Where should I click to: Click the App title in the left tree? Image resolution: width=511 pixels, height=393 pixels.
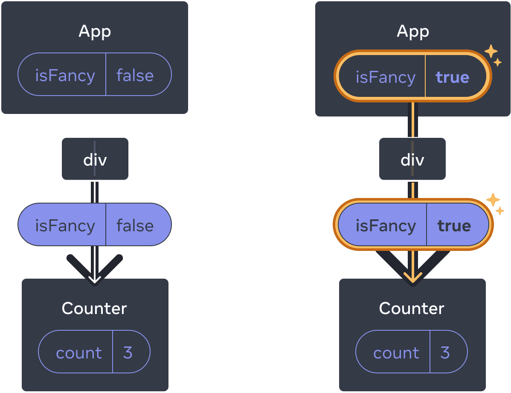[x=95, y=32]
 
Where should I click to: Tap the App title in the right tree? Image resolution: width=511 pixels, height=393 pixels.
[x=412, y=32]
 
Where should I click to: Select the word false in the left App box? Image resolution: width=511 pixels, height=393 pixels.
[x=135, y=76]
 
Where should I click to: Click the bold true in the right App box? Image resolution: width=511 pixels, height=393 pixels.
[x=452, y=77]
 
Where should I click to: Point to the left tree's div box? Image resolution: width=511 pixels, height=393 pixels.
[x=95, y=159]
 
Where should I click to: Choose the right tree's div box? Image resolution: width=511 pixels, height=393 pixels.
[x=412, y=159]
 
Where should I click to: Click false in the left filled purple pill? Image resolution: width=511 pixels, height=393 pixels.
[x=135, y=225]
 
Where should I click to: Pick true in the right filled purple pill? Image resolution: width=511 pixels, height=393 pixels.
[x=454, y=225]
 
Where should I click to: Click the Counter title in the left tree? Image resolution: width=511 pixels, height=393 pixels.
[x=94, y=308]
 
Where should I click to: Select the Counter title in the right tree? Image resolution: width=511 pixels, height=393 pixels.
[x=412, y=308]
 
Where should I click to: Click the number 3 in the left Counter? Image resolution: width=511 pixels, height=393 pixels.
[x=128, y=352]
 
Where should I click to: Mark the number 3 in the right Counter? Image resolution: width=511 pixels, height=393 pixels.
[x=445, y=352]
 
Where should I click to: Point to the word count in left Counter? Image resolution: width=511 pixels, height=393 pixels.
[x=79, y=353]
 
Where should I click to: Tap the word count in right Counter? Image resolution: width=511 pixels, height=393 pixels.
[x=396, y=353]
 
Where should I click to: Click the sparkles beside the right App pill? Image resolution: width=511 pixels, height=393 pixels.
[x=493, y=55]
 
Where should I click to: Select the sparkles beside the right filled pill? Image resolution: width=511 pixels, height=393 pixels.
[x=495, y=203]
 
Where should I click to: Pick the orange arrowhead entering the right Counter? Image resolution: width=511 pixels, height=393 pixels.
[x=412, y=278]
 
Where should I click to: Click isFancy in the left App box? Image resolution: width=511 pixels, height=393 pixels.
[x=65, y=76]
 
